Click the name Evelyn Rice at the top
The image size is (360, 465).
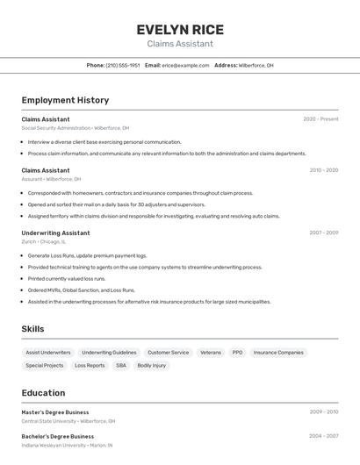coord(180,29)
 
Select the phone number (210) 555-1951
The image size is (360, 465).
coord(123,65)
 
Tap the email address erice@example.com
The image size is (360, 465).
coord(185,65)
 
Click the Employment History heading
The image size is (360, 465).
coord(65,100)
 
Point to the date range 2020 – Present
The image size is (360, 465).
coord(320,119)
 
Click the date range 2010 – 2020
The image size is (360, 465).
coord(323,170)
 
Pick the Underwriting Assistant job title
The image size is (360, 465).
coord(55,232)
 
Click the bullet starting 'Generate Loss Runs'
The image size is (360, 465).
coord(75,255)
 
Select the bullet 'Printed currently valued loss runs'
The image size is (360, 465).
coord(67,278)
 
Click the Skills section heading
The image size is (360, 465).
coord(33,329)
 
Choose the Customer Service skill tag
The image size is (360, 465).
coord(168,353)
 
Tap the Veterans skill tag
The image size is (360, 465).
coord(211,353)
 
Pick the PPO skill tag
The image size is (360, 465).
coord(237,353)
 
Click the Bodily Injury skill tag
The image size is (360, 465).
coord(152,365)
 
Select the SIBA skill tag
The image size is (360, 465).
coord(121,365)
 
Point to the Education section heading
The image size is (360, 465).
coord(43,393)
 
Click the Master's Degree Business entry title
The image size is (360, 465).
coord(55,411)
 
